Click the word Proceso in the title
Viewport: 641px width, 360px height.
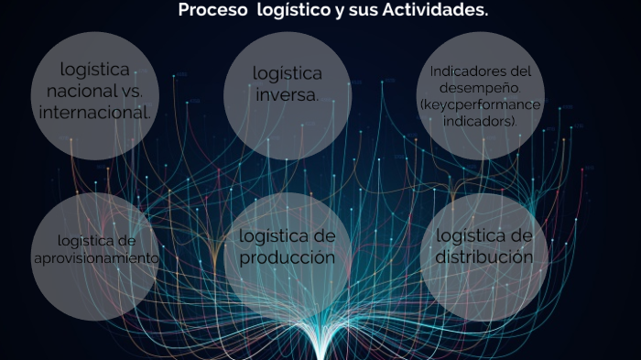[x=207, y=11]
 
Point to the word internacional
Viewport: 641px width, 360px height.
[x=94, y=113]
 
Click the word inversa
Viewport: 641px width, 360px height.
[x=287, y=94]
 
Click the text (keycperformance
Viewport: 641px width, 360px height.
[x=480, y=104]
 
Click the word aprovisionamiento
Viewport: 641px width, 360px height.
[x=95, y=258]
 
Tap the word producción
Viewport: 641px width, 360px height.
[x=287, y=257]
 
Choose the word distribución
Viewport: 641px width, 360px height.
[x=483, y=256]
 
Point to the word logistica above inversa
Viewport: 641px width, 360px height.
[x=287, y=73]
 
